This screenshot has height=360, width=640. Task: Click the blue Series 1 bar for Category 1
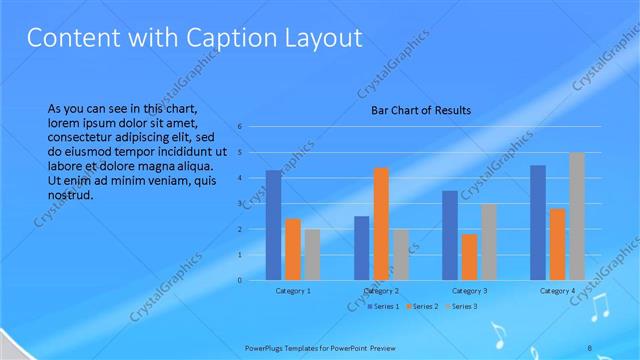(273, 225)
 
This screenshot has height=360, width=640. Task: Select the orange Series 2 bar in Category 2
(381, 224)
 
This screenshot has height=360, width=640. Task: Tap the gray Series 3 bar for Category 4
(577, 216)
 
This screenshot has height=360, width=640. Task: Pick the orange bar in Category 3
(469, 257)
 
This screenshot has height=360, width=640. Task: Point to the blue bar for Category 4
(538, 222)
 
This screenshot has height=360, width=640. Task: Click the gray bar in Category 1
(312, 254)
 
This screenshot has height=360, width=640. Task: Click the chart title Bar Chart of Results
(421, 110)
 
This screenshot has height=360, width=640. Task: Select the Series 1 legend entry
(383, 305)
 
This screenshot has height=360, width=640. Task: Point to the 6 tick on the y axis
(241, 127)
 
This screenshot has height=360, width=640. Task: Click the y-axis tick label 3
(241, 204)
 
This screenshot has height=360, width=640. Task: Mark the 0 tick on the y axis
(241, 281)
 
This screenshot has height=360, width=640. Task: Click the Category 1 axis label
(292, 291)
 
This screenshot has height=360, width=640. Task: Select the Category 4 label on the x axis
(557, 291)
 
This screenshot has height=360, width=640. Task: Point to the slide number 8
(589, 346)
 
